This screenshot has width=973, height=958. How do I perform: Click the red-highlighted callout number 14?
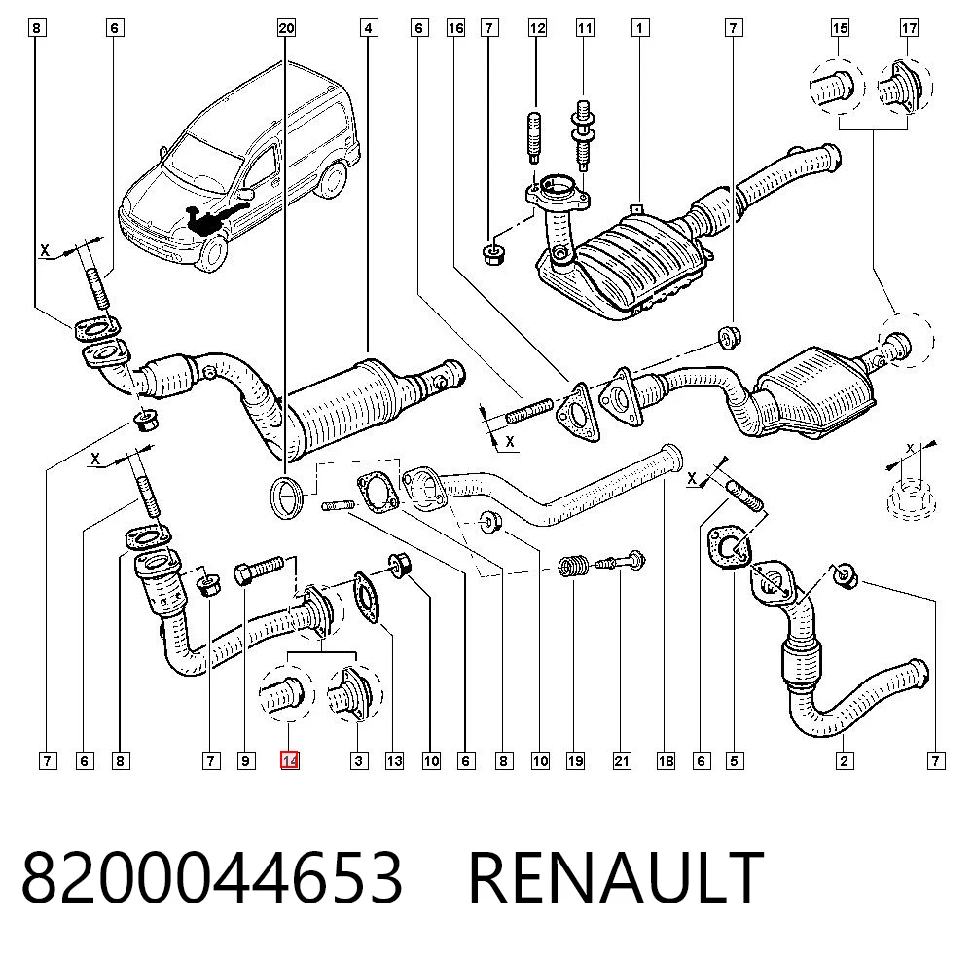(290, 760)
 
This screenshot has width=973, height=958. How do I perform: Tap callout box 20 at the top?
(286, 28)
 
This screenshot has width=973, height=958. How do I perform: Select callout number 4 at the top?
(369, 28)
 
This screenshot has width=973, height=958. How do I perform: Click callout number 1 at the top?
(640, 28)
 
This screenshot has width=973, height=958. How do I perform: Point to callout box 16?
(455, 28)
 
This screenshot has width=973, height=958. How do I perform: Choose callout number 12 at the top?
(537, 28)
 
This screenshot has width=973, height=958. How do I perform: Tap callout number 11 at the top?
(585, 28)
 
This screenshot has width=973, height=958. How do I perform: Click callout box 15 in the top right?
(841, 28)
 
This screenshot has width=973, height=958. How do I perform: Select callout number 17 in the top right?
(909, 28)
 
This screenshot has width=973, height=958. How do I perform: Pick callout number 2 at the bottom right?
(844, 760)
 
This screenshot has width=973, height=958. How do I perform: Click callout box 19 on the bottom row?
(575, 760)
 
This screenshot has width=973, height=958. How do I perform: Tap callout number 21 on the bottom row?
(622, 760)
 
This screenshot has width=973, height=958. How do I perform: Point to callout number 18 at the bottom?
(666, 760)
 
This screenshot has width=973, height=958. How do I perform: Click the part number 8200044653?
(212, 876)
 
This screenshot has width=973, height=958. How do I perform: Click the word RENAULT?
(616, 876)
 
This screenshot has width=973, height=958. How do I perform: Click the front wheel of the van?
(211, 252)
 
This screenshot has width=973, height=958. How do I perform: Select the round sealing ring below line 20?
(287, 497)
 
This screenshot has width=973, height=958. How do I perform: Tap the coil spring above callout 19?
(573, 565)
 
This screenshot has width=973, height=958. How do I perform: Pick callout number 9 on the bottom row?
(246, 760)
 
